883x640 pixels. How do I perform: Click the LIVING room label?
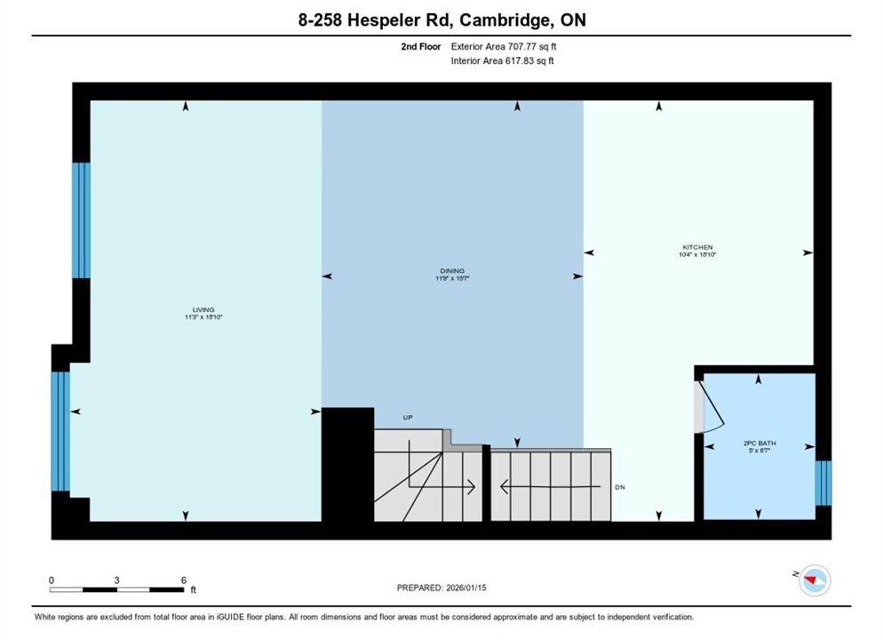[203, 310]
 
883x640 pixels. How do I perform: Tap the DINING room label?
[452, 271]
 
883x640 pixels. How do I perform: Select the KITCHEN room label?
[697, 247]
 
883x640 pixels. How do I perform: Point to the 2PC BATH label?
[760, 444]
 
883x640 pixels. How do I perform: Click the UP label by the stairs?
[408, 418]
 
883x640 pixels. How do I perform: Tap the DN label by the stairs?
[620, 487]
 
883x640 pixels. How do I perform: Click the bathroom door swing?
[711, 407]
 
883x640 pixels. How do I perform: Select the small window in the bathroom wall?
[823, 483]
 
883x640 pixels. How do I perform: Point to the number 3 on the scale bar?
[116, 580]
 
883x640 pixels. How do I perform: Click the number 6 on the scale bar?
[184, 580]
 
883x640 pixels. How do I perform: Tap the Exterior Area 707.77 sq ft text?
[504, 47]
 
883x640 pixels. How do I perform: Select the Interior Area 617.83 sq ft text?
[502, 60]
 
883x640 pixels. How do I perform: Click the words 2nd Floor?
[421, 47]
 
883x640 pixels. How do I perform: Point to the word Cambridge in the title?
[505, 20]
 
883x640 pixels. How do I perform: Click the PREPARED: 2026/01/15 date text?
[441, 588]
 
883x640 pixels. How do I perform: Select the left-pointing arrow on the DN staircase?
[550, 486]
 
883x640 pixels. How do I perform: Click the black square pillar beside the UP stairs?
[347, 464]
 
